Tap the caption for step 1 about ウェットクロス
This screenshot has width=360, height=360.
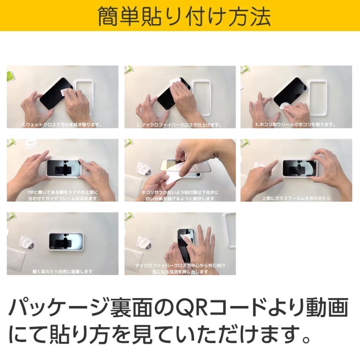click(x=62, y=125)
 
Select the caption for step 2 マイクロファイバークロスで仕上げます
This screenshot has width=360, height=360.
click(x=179, y=125)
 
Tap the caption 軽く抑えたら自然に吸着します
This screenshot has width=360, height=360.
click(x=62, y=272)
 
